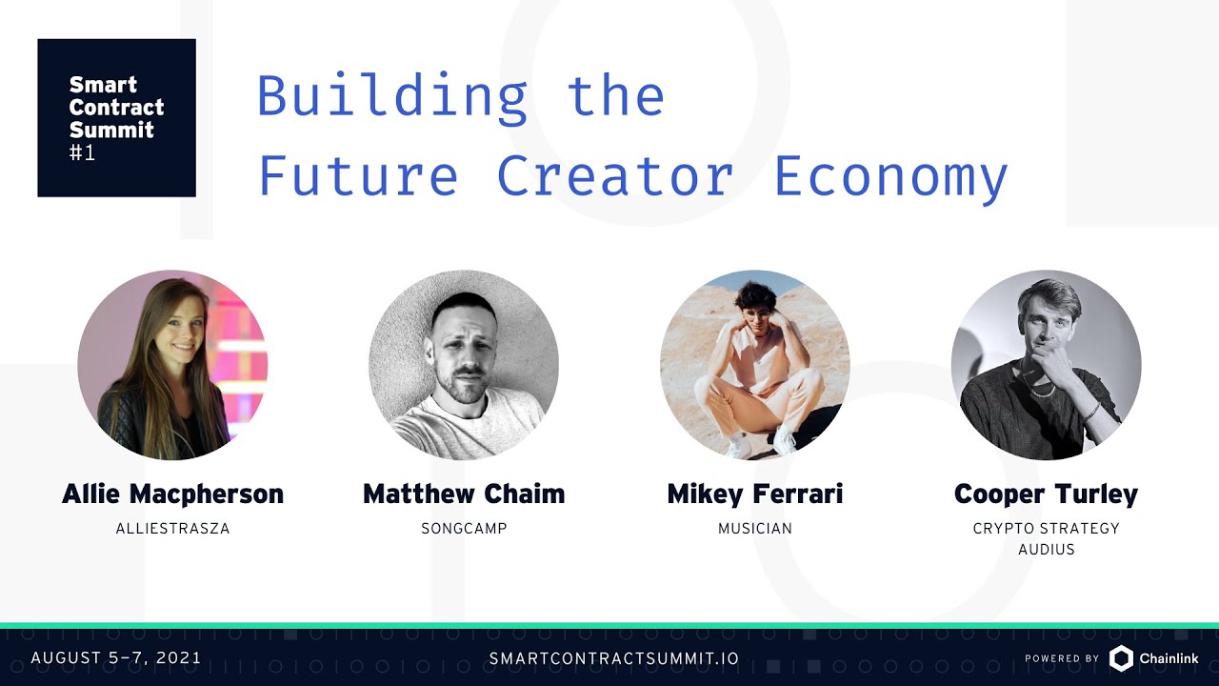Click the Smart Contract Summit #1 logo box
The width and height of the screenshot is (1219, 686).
tap(116, 117)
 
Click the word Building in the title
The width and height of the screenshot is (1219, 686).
tap(392, 96)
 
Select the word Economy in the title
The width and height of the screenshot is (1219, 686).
tap(890, 177)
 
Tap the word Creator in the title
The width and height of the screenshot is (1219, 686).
tap(615, 176)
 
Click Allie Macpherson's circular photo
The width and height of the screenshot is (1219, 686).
tap(172, 365)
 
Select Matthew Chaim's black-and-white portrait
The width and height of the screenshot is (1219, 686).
tap(464, 365)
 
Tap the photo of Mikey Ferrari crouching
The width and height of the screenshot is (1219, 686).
tap(755, 365)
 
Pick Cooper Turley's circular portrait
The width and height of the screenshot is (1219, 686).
tap(1046, 365)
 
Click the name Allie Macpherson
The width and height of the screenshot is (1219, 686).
tap(172, 494)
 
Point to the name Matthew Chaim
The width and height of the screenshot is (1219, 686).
tap(464, 494)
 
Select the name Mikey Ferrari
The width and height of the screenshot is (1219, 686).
tap(755, 494)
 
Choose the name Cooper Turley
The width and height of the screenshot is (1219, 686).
tap(1046, 494)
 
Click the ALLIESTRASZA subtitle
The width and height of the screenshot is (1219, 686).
tap(172, 528)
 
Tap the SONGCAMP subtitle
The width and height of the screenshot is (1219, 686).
tap(464, 528)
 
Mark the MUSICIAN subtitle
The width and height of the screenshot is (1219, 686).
tap(755, 528)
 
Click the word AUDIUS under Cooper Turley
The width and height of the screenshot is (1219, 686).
tap(1046, 550)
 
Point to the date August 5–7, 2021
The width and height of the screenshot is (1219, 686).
tap(116, 658)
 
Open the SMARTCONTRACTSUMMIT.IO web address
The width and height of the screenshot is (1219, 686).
tap(613, 658)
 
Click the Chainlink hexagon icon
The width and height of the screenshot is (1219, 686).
tap(1121, 658)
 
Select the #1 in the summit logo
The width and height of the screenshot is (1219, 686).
tap(83, 151)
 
